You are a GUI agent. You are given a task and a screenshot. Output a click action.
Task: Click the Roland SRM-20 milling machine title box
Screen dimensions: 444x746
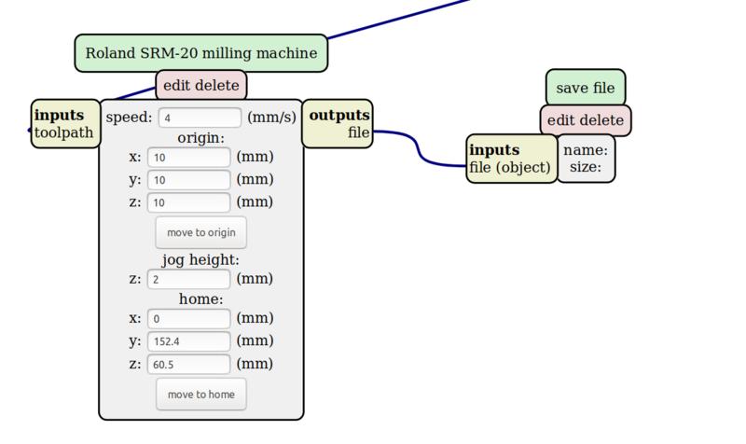pyautogui.click(x=200, y=54)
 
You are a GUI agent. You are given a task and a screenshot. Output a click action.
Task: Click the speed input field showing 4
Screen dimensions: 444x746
pyautogui.click(x=200, y=118)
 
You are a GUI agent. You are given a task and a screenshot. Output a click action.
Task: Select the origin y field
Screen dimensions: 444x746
pyautogui.click(x=188, y=179)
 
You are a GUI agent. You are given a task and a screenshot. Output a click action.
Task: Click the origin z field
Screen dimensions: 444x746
pyautogui.click(x=188, y=201)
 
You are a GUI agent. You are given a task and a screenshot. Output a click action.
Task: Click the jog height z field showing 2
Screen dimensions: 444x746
pyautogui.click(x=188, y=279)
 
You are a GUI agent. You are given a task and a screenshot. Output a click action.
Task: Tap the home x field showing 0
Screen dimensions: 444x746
pyautogui.click(x=188, y=318)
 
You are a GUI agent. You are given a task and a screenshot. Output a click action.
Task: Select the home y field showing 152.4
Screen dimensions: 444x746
pyautogui.click(x=188, y=340)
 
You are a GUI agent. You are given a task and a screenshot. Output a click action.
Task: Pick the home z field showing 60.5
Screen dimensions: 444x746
pyautogui.click(x=188, y=364)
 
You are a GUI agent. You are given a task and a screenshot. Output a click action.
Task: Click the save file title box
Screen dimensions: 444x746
pyautogui.click(x=586, y=88)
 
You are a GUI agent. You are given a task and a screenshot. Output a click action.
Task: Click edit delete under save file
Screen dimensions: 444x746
pyautogui.click(x=586, y=120)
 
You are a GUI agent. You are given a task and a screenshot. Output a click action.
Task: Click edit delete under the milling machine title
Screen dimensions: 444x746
pyautogui.click(x=201, y=86)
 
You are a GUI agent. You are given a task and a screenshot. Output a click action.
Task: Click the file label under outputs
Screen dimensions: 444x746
pyautogui.click(x=358, y=132)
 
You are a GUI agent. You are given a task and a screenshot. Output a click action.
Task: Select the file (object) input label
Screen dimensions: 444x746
pyautogui.click(x=510, y=168)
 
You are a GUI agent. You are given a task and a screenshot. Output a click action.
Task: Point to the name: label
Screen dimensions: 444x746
pyautogui.click(x=586, y=149)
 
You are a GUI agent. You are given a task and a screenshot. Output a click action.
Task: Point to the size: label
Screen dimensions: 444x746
pyautogui.click(x=586, y=168)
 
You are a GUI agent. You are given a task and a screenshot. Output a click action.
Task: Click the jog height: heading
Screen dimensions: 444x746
pyautogui.click(x=201, y=259)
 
